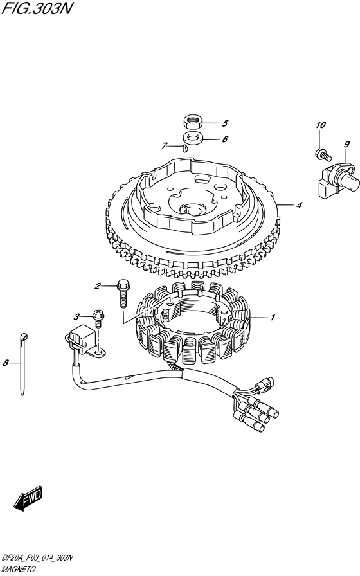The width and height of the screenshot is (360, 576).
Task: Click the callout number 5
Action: point(225,123)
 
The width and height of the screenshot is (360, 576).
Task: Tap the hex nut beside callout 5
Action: point(192,122)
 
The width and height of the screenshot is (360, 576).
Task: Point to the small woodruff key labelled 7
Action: point(185,148)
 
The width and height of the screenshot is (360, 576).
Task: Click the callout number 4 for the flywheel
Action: point(299,205)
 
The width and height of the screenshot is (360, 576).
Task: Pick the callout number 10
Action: point(321,125)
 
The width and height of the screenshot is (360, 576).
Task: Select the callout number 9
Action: point(346,145)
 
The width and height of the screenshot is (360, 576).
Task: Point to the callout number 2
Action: point(97,286)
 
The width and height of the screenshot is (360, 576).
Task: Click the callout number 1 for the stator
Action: point(272,318)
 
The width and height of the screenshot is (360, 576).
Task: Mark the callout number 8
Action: point(6,363)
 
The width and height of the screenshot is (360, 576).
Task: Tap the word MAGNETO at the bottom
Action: point(19,570)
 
